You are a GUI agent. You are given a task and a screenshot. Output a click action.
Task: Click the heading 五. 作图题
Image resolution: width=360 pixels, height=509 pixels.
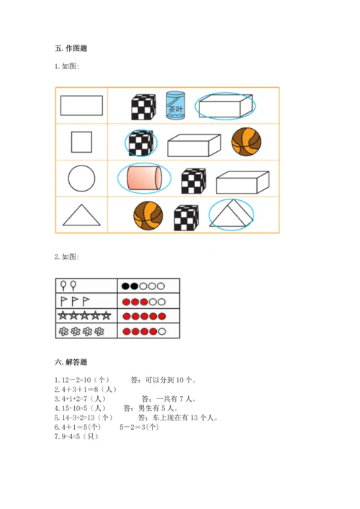71,49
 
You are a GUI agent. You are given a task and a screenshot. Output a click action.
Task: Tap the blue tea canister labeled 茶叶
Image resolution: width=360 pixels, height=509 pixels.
175,105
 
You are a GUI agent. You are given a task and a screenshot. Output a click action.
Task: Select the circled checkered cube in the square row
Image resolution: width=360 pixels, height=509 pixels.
141,143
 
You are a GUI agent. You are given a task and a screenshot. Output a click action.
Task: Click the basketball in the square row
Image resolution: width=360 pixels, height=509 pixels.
246,142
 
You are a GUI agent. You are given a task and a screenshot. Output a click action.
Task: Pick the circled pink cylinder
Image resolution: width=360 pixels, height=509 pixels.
144,178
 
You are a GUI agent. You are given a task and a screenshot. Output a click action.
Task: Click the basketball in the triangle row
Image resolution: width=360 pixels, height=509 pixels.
148,215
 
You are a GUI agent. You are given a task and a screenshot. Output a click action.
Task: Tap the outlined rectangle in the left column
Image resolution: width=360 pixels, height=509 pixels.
81,106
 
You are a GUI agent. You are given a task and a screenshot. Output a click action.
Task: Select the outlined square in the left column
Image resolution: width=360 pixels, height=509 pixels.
81,142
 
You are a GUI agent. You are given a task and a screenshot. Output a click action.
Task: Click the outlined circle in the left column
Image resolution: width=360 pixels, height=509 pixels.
81,179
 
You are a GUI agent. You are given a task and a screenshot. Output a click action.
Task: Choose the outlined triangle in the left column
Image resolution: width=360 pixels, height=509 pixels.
81,215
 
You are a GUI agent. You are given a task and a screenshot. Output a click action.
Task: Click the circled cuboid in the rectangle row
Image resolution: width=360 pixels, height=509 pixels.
225,106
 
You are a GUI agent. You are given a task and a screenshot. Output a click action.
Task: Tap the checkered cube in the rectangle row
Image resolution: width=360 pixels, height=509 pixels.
143,107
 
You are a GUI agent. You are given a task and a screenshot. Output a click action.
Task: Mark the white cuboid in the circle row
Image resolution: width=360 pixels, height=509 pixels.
243,182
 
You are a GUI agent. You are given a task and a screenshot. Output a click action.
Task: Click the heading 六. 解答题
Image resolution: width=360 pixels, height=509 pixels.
71,362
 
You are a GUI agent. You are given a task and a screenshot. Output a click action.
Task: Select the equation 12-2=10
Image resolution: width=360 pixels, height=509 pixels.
76,380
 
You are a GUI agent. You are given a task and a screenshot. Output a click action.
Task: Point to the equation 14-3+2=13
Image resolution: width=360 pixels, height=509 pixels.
78,418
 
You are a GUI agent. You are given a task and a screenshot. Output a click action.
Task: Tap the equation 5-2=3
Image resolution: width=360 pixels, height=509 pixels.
132,427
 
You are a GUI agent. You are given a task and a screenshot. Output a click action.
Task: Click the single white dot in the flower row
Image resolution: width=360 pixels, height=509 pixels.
162,331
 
